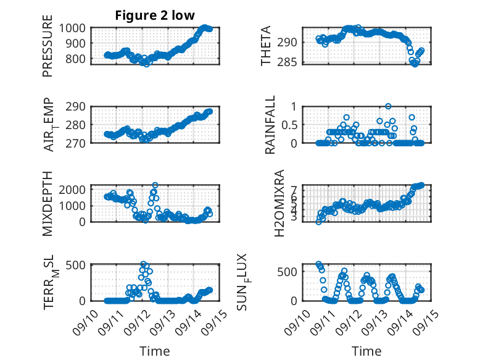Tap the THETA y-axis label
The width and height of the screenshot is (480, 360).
(x=266, y=46)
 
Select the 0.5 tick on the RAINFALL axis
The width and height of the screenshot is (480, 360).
(x=290, y=124)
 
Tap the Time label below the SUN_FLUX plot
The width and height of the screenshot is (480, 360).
(x=366, y=351)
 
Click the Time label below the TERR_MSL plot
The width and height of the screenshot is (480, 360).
(x=154, y=351)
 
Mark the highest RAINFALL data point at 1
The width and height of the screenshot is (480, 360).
(x=388, y=106)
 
